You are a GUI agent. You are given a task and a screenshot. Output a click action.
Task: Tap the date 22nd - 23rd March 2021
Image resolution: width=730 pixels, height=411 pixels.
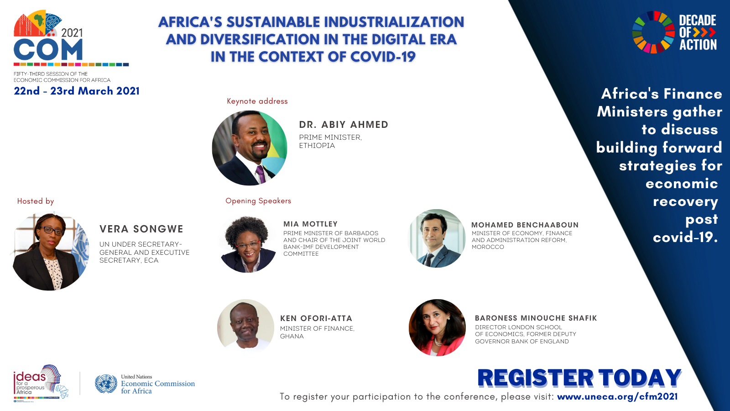(x=77, y=91)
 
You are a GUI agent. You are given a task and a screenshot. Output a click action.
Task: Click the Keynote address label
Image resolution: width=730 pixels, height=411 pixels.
(x=257, y=101)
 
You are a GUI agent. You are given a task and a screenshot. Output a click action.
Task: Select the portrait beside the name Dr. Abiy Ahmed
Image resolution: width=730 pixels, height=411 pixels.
(x=250, y=148)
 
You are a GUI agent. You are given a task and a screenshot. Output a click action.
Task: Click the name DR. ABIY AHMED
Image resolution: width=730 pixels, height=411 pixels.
(x=344, y=125)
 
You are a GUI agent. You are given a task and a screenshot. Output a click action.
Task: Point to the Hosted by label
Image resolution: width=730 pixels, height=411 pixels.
(x=36, y=201)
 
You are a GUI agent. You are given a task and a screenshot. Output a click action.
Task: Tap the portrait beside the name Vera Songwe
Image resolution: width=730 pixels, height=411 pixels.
(x=51, y=251)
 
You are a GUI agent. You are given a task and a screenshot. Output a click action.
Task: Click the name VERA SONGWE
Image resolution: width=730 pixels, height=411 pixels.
(x=141, y=229)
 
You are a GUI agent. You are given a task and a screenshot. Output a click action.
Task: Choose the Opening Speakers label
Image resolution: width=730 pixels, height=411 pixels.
(x=258, y=201)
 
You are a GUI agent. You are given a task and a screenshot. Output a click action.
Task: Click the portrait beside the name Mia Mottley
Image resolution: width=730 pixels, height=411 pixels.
(x=248, y=244)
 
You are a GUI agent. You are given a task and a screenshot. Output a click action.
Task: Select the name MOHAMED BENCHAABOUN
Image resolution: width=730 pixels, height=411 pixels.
(x=525, y=225)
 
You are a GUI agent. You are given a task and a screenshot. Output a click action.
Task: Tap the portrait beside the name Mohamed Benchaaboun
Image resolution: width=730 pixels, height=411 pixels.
(x=437, y=238)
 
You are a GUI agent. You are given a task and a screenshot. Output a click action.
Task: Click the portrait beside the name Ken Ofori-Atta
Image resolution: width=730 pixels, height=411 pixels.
(x=246, y=326)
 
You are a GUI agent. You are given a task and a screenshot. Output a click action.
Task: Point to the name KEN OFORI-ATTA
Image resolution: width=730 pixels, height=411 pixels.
(x=316, y=318)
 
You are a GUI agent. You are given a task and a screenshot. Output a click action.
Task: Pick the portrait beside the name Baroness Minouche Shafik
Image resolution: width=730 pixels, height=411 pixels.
(x=437, y=327)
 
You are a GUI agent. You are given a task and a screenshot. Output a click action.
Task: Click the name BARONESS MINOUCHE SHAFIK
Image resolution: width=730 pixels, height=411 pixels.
(x=536, y=318)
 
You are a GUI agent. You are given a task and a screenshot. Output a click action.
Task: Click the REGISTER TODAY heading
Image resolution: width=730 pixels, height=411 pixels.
(x=579, y=379)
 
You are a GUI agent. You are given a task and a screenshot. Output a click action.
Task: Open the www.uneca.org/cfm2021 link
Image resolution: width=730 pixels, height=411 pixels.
(x=617, y=397)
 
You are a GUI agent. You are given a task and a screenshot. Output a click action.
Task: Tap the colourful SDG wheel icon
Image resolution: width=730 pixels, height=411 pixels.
(x=653, y=32)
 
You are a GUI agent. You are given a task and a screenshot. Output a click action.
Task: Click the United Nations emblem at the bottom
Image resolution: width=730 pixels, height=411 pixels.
(x=106, y=384)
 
